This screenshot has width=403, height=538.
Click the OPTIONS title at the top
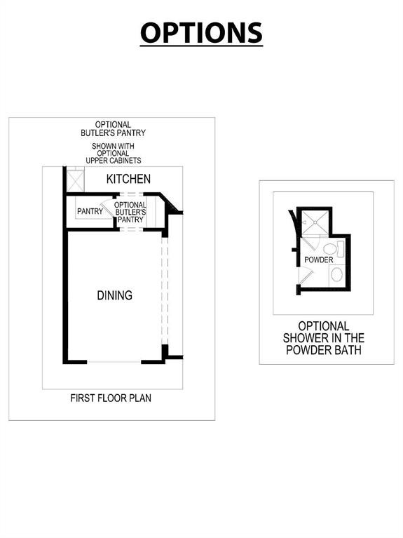pyautogui.click(x=201, y=33)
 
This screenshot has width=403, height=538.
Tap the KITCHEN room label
pyautogui.click(x=128, y=179)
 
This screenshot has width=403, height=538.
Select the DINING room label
pyautogui.click(x=114, y=295)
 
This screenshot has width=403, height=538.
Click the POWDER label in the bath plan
pyautogui.click(x=319, y=260)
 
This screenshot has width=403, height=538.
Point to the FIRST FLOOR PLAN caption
pyautogui.click(x=111, y=398)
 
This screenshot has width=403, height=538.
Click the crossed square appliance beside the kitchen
pyautogui.click(x=75, y=181)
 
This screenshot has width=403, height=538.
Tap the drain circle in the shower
pyautogui.click(x=315, y=222)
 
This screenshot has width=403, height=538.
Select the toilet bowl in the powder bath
pyautogui.click(x=330, y=249)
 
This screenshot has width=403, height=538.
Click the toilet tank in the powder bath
pyautogui.click(x=341, y=249)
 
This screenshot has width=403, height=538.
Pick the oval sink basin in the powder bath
pyautogui.click(x=336, y=275)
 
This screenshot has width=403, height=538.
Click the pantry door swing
pyautogui.click(x=109, y=208)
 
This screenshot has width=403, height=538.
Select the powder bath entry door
pyautogui.click(x=306, y=276)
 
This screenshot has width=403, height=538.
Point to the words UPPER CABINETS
pyautogui.click(x=113, y=160)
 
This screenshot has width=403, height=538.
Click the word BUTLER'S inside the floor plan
pyautogui.click(x=130, y=212)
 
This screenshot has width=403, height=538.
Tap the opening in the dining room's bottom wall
pyautogui.click(x=114, y=362)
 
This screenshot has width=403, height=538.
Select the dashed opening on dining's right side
pyautogui.click(x=165, y=290)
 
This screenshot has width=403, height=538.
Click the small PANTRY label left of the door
pyautogui.click(x=90, y=211)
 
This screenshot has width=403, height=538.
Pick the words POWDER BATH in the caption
pyautogui.click(x=323, y=350)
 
